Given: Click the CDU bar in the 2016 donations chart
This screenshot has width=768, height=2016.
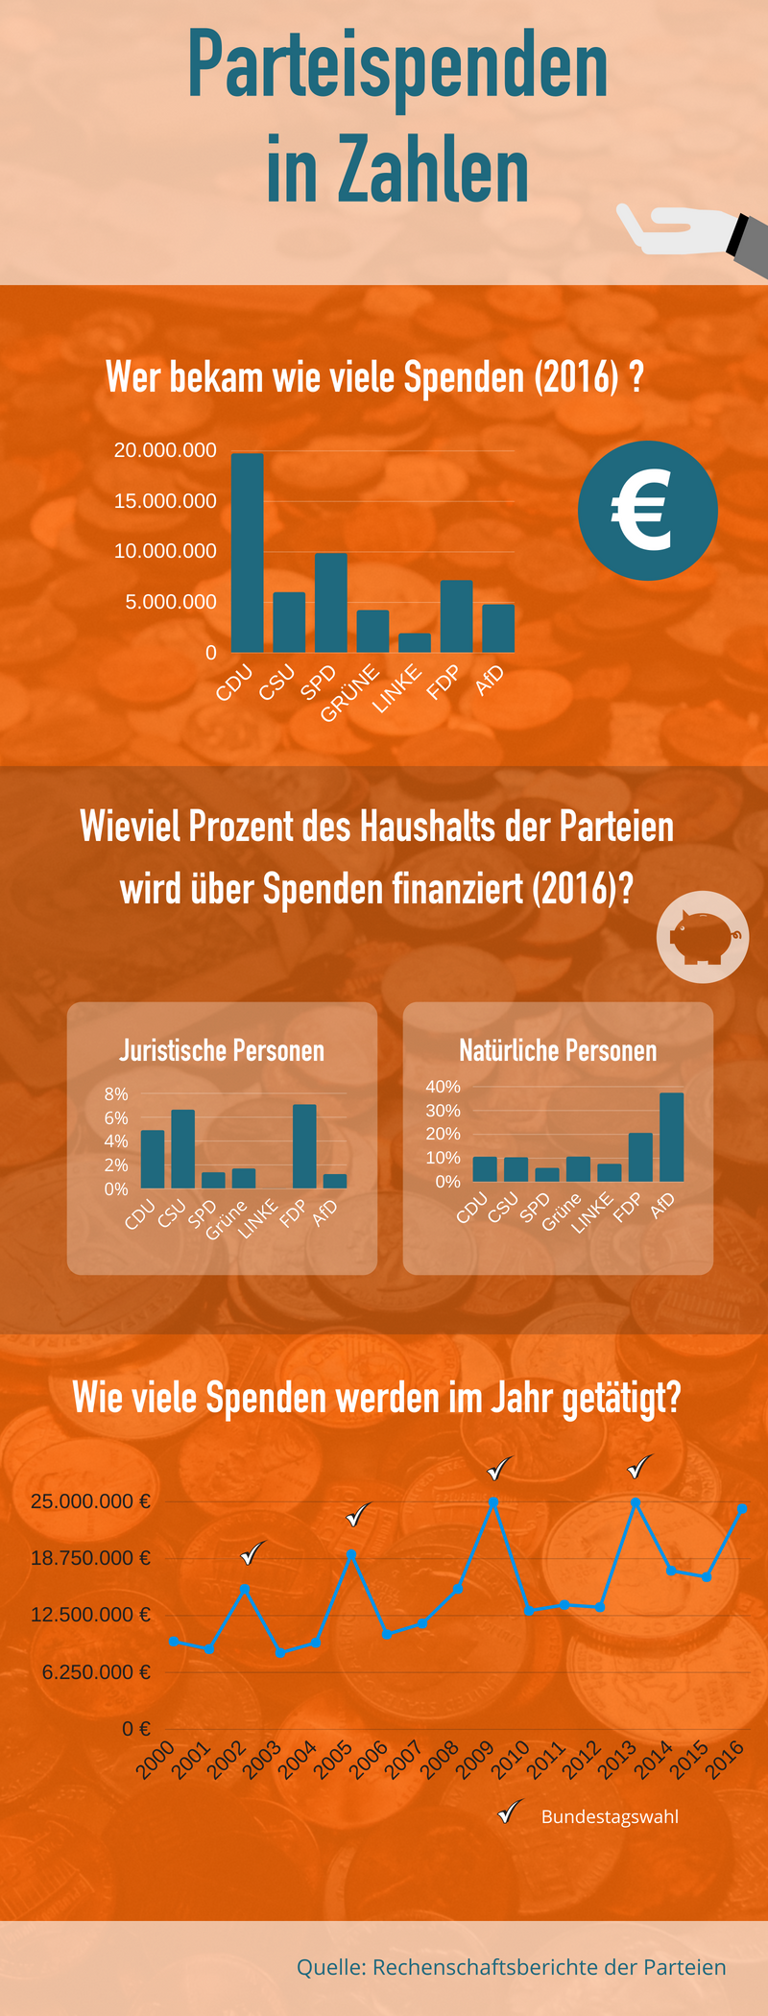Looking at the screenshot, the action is point(248,553).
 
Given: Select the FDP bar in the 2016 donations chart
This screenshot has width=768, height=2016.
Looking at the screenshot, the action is point(457,616).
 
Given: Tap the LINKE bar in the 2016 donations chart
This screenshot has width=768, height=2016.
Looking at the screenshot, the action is point(415,643).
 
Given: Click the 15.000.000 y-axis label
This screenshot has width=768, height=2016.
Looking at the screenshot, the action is point(165,501).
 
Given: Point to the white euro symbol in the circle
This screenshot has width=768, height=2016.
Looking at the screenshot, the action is point(642,510).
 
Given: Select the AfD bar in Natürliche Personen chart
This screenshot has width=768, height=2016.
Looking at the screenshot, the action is point(672,1137).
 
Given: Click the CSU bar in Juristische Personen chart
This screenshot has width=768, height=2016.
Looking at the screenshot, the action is point(182,1149).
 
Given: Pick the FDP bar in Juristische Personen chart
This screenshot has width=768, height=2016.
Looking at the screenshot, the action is point(304,1146).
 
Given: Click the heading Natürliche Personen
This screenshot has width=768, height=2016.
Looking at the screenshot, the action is point(558,1050).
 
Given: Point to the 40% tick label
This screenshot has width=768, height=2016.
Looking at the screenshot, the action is point(444,1087).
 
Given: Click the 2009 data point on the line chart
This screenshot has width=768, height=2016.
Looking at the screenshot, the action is point(493,1502).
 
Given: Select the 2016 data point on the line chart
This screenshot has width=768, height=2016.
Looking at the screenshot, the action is point(742,1509).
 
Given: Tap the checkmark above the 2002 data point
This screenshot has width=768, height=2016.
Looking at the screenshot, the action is point(253,1552).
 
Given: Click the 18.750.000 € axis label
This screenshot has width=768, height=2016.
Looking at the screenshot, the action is point(90,1558).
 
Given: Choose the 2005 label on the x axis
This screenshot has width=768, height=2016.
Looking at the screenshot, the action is point(334,1760).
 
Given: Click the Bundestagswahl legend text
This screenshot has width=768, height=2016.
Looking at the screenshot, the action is point(610,1816).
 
